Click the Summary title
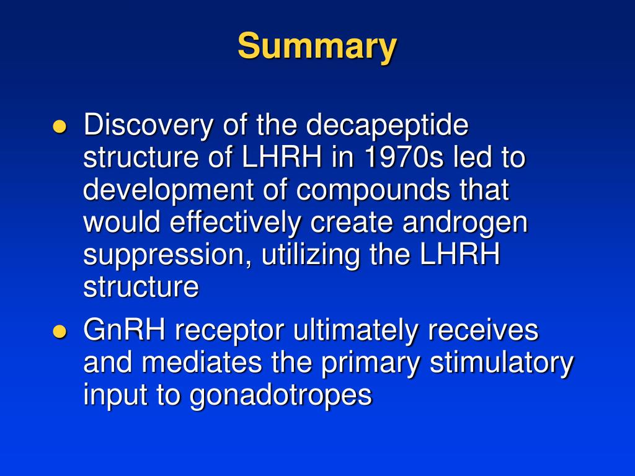tap(317, 46)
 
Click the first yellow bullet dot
tap(60, 127)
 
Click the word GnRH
tap(124, 330)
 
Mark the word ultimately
tap(356, 332)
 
